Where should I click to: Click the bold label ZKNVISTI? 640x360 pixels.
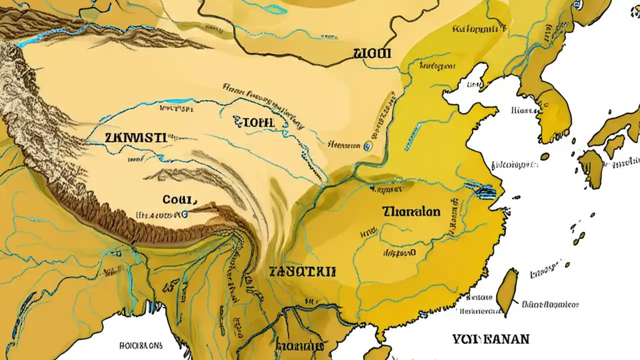tap(135, 138)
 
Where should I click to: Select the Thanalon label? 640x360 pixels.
tap(411, 211)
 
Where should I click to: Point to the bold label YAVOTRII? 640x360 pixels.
tap(302, 272)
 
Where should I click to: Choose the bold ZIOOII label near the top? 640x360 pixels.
tap(372, 53)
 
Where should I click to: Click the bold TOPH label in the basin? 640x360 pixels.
tap(253, 121)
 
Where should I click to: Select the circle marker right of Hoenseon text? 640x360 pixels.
tap(368, 145)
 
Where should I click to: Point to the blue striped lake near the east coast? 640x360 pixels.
tap(480, 190)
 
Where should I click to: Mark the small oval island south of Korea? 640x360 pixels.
tap(544, 156)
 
